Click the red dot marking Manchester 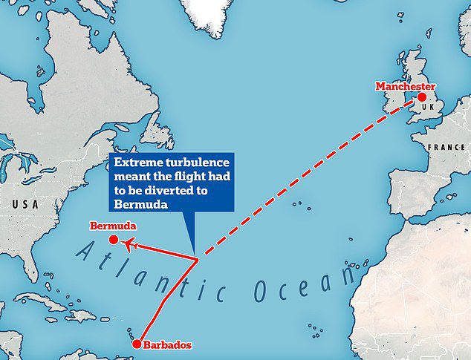pos(421,97)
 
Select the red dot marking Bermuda pos(113,240)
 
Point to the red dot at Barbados pos(136,344)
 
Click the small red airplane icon pos(130,243)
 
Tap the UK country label pos(426,109)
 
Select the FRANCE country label pos(446,147)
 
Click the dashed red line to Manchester pos(305,183)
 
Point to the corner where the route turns pos(198,259)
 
